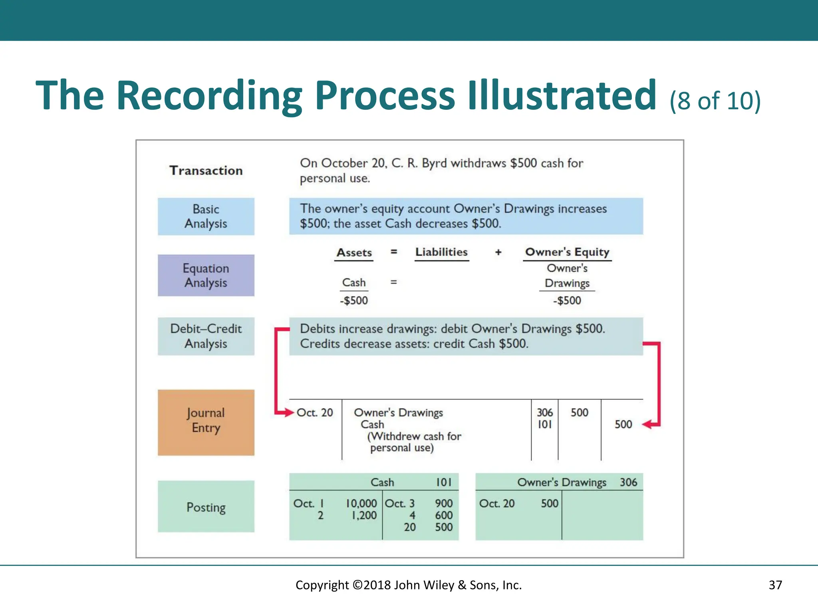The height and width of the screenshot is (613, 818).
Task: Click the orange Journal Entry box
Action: coord(206,422)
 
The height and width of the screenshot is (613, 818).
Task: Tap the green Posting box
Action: coord(206,506)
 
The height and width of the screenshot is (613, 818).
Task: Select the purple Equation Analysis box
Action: coord(206,275)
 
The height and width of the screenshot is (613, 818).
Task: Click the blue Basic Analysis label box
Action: coord(206,216)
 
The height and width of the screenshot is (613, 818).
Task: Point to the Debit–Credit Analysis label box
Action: coord(206,336)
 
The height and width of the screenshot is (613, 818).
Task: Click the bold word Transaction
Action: coord(206,170)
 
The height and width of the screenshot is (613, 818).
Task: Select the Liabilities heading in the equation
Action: coord(441,252)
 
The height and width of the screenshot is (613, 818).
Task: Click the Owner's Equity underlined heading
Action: coord(567,252)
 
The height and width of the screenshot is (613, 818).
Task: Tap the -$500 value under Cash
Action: coord(354,301)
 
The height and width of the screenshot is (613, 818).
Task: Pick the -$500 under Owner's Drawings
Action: coord(567,301)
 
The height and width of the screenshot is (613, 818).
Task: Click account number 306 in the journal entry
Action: coord(544,412)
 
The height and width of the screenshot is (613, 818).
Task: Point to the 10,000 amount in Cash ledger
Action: coord(361,504)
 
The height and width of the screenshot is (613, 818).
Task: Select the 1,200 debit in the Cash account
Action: coord(364,516)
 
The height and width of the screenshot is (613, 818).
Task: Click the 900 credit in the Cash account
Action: coord(444,504)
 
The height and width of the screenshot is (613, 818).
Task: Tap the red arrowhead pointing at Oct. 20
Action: coord(289,413)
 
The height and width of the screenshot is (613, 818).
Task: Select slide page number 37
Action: coord(775,585)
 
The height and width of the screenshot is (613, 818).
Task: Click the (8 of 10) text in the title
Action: coord(715,101)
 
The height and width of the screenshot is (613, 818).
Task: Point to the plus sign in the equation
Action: coord(498,252)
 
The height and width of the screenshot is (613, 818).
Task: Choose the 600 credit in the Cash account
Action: coord(444,516)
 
